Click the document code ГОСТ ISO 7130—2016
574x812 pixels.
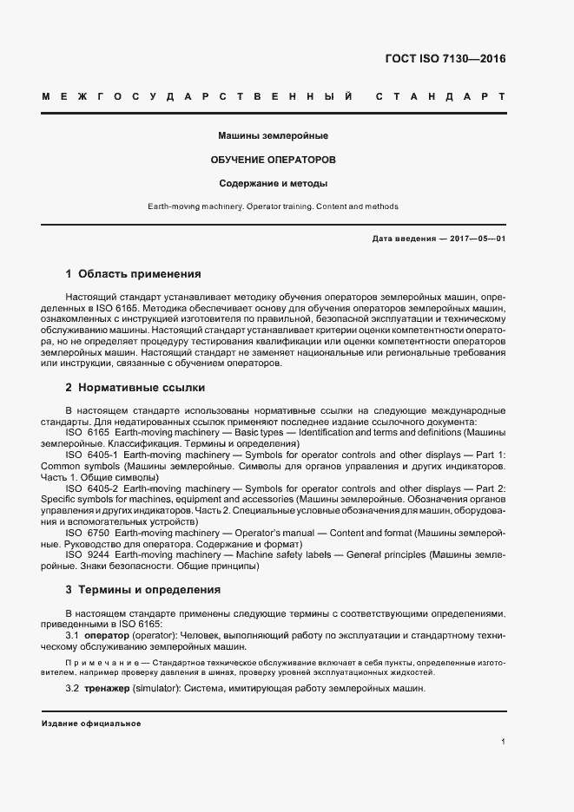445,59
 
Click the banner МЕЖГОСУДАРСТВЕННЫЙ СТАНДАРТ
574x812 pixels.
274,95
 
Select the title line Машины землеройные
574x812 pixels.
274,136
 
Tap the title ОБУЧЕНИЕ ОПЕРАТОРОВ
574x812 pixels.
274,160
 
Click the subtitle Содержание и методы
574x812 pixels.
274,184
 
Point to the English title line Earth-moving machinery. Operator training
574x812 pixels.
274,206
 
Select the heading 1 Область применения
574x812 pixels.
134,274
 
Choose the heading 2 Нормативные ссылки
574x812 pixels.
135,387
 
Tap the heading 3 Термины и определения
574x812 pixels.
143,589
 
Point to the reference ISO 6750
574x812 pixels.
88,534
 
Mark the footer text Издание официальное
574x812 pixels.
90,724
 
